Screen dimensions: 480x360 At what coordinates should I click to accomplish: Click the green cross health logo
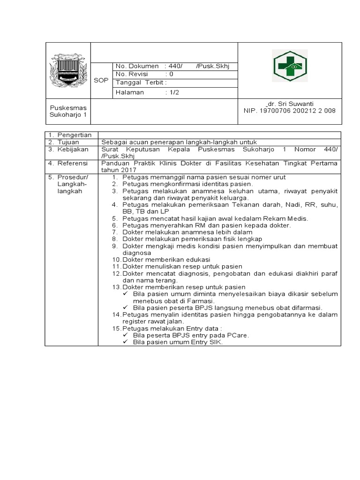pyautogui.click(x=289, y=67)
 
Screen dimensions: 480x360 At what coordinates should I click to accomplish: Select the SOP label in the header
pyautogui.click(x=101, y=81)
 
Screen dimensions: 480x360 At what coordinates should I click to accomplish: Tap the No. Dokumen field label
pyautogui.click(x=137, y=66)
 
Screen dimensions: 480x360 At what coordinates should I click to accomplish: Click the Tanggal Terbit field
pyautogui.click(x=141, y=82)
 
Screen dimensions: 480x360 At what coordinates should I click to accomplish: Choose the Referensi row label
pyautogui.click(x=74, y=163)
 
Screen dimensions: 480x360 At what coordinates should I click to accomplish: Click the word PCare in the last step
pyautogui.click(x=238, y=336)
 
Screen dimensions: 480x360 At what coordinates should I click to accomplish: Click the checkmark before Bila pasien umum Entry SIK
pyautogui.click(x=125, y=342)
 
